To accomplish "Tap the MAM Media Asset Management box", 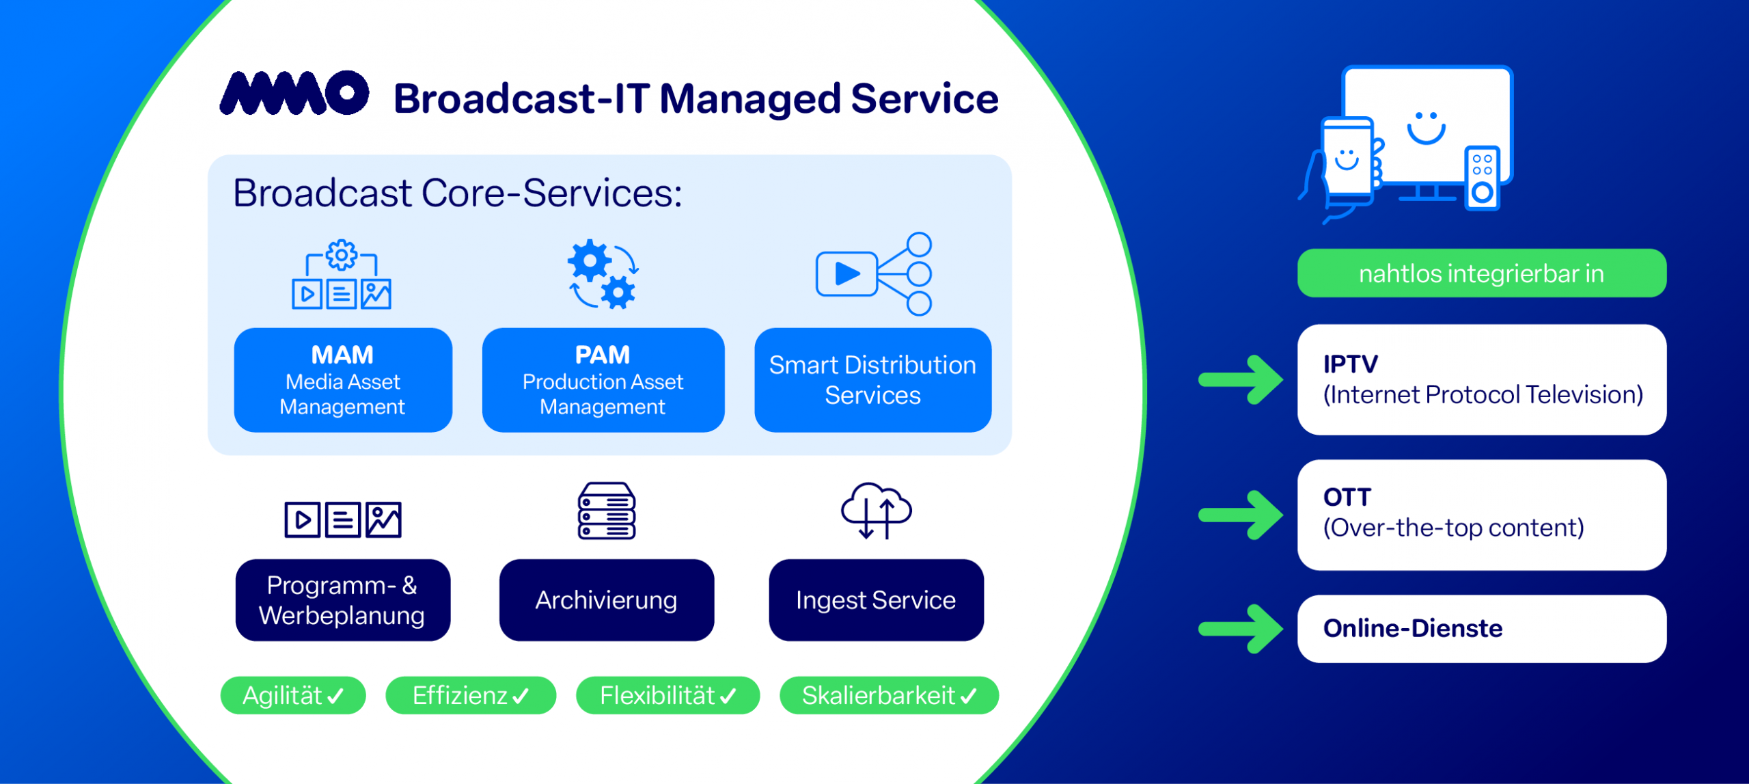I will pyautogui.click(x=343, y=380).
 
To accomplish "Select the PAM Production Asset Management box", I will pyautogui.click(x=603, y=380).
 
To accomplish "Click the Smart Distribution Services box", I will pyautogui.click(x=872, y=380).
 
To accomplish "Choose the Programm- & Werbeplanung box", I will pyautogui.click(x=342, y=600).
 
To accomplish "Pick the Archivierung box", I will pyautogui.click(x=606, y=600).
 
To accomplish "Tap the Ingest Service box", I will pyautogui.click(x=876, y=600).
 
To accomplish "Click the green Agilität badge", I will pyautogui.click(x=293, y=696).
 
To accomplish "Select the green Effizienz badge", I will pyautogui.click(x=471, y=696).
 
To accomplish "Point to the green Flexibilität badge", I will pyautogui.click(x=667, y=696).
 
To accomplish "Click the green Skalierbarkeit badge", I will pyautogui.click(x=889, y=696).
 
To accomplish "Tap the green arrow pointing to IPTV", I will pyautogui.click(x=1241, y=380).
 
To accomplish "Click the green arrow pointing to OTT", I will pyautogui.click(x=1241, y=515).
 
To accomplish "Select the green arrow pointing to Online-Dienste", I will pyautogui.click(x=1241, y=629).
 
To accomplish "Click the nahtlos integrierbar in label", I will pyautogui.click(x=1481, y=273).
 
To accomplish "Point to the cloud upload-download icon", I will pyautogui.click(x=876, y=511).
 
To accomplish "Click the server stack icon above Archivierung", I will pyautogui.click(x=606, y=511).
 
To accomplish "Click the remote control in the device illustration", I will pyautogui.click(x=1482, y=177).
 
